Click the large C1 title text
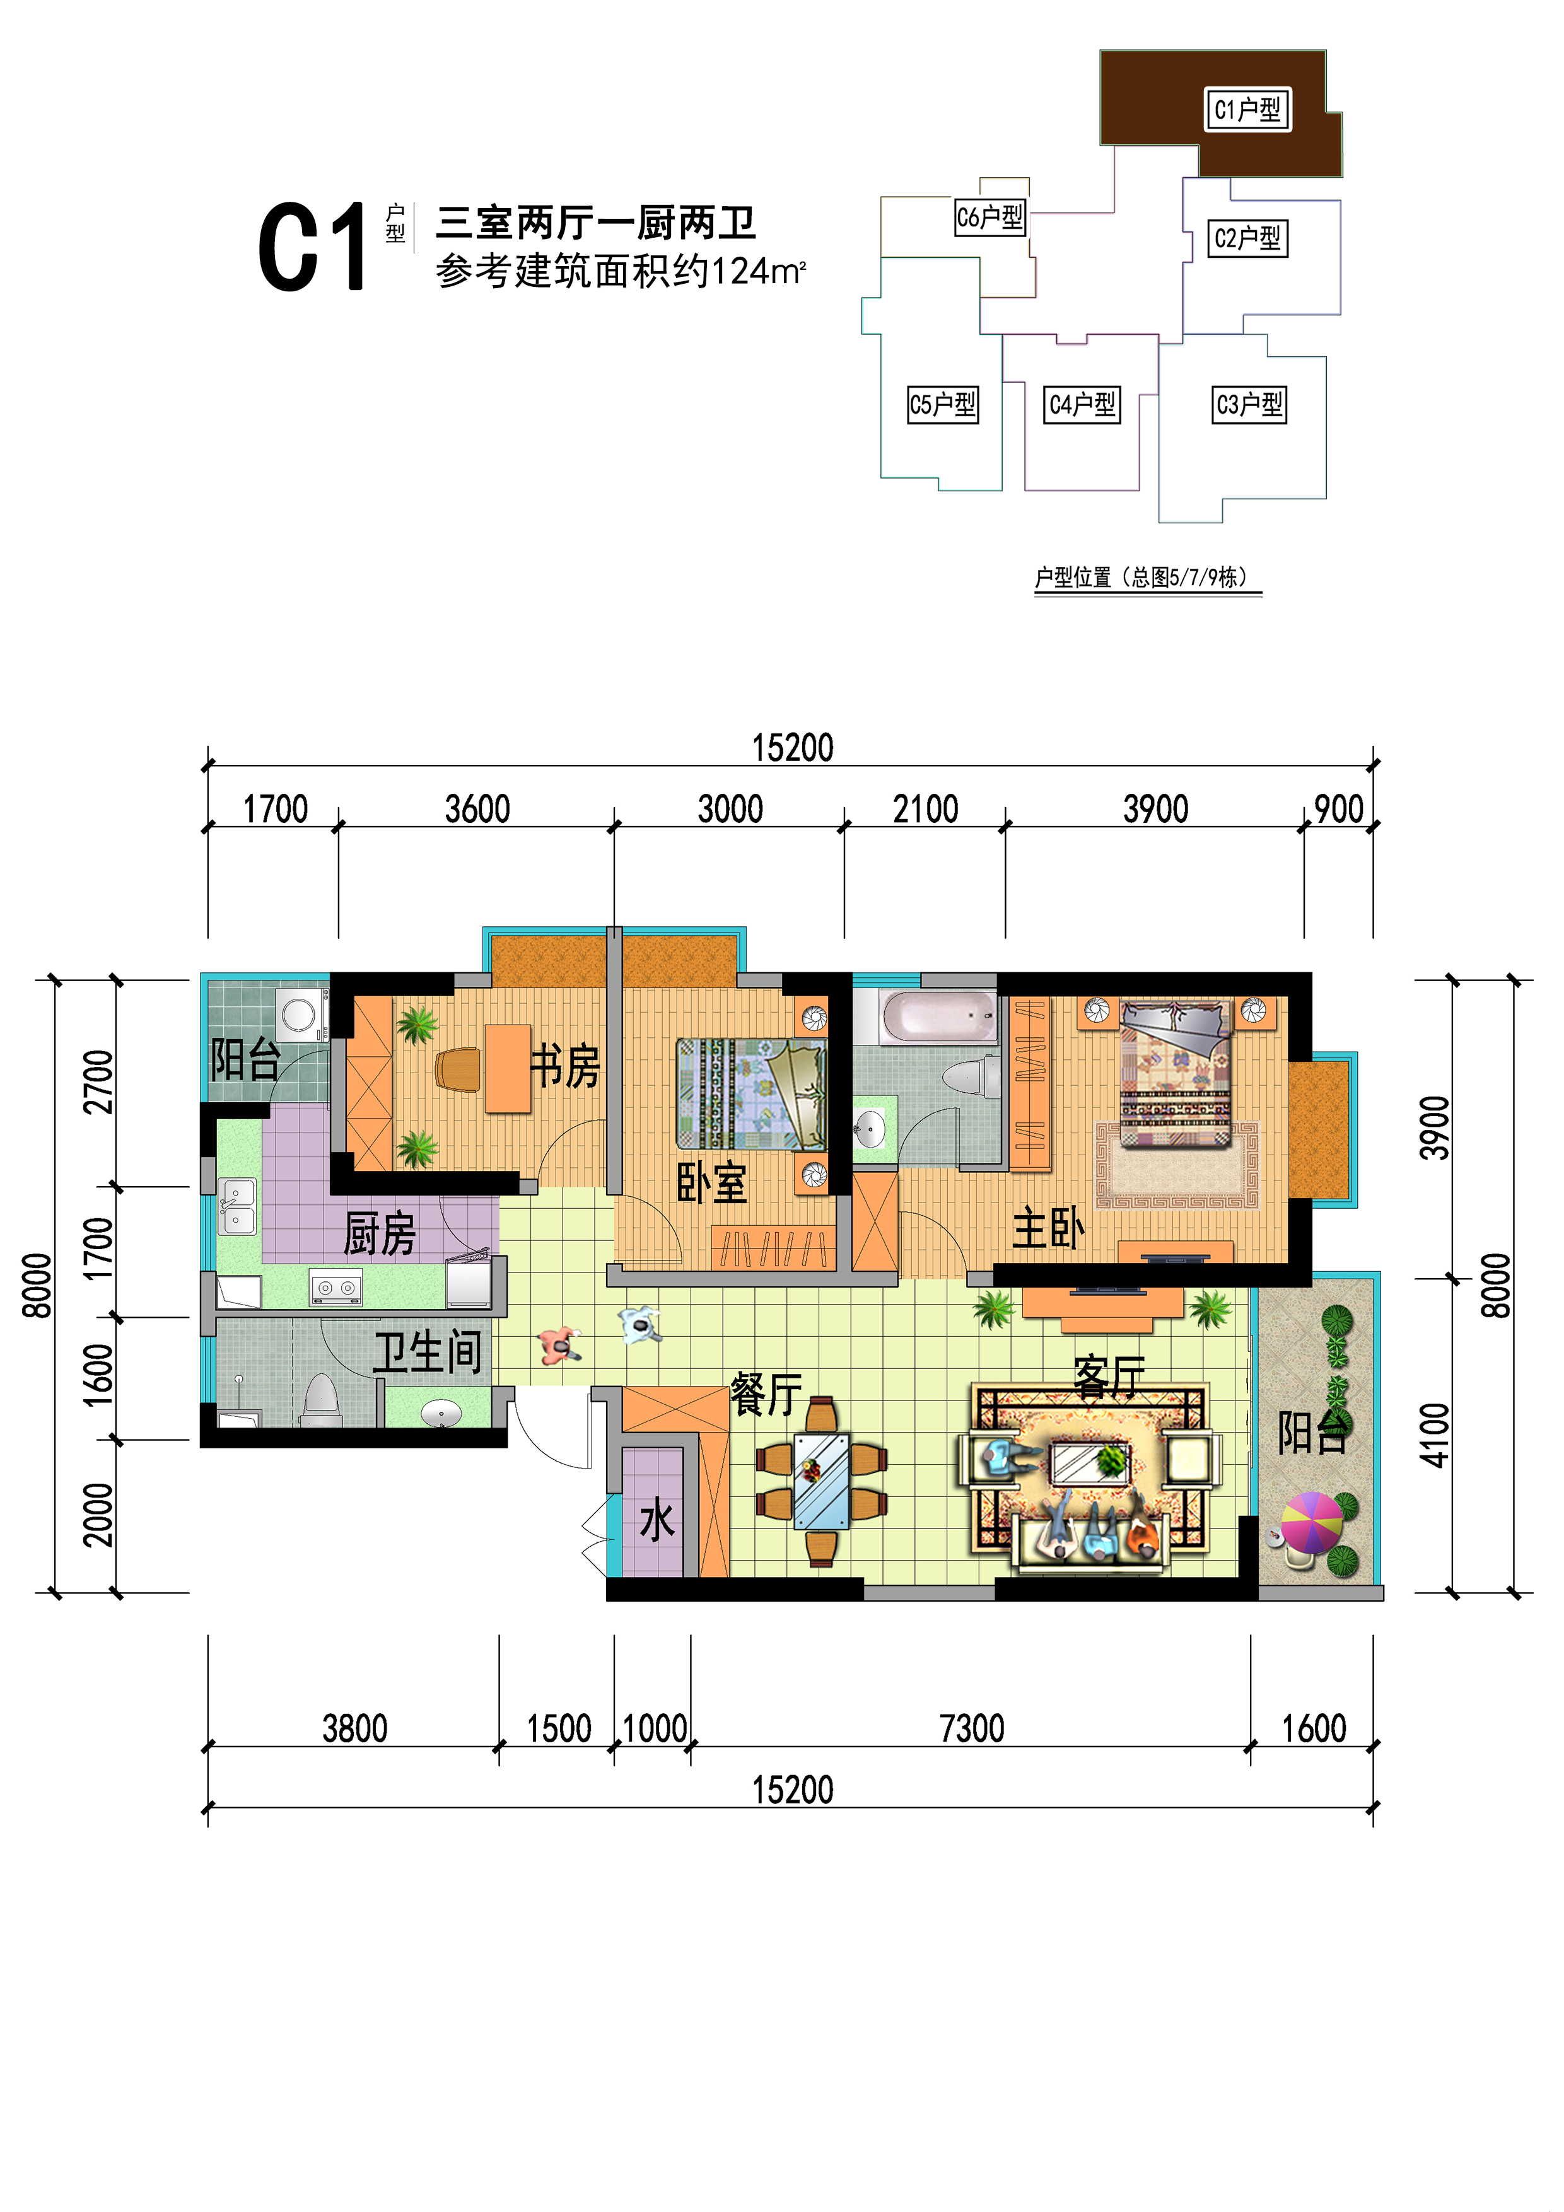(x=312, y=247)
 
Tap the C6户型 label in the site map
(x=989, y=217)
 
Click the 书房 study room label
(x=566, y=1066)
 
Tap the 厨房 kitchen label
(x=380, y=1234)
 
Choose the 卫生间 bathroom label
(x=428, y=1352)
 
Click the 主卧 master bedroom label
(x=1049, y=1228)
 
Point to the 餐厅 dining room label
(x=766, y=1394)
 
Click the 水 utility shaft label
(x=657, y=1522)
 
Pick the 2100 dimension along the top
(x=925, y=809)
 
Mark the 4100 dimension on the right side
(x=1434, y=1436)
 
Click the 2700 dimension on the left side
(x=98, y=1082)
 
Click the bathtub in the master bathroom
(x=940, y=1016)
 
